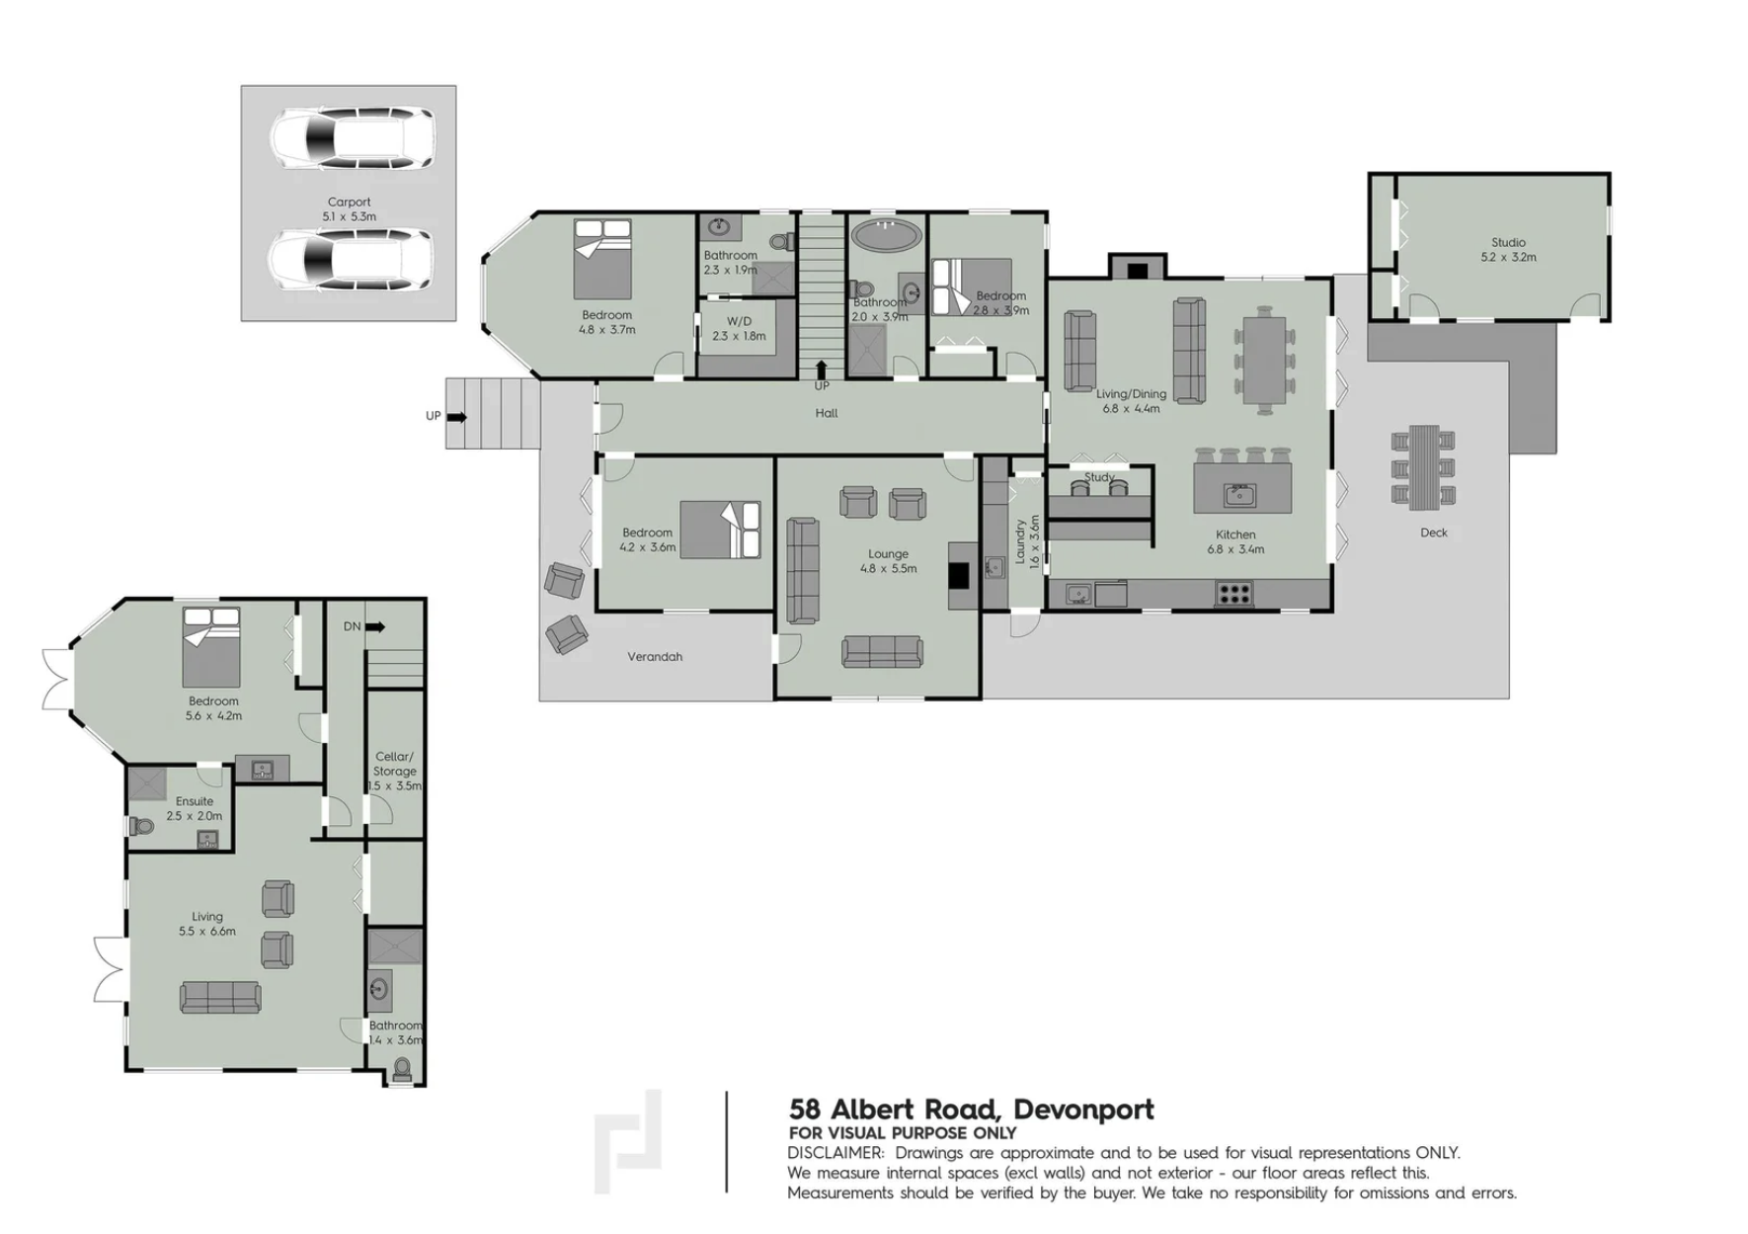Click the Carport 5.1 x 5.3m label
(349, 208)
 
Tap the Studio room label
(1508, 242)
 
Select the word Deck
(1433, 533)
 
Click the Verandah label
(655, 657)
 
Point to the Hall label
(827, 413)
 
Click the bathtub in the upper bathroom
(887, 234)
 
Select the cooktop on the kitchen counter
(1233, 593)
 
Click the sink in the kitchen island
(1239, 493)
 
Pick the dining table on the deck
(1423, 467)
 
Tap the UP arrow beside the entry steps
(456, 417)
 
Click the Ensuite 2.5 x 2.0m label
(195, 808)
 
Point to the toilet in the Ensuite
(141, 826)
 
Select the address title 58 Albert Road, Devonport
(972, 1110)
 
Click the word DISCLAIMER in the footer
(835, 1153)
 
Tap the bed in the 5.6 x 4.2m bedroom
(211, 647)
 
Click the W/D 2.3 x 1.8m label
(739, 329)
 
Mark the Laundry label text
(1020, 542)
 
